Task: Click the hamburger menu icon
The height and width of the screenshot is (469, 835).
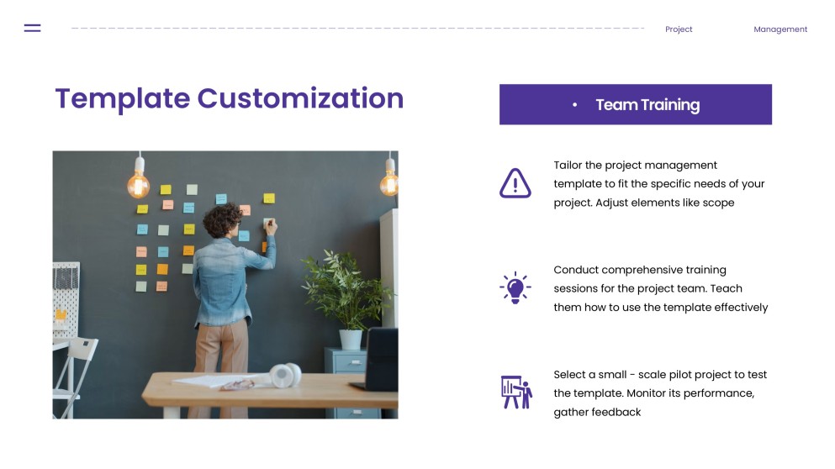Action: [x=33, y=28]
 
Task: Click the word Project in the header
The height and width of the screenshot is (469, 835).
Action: [x=679, y=29]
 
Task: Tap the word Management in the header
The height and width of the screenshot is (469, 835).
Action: [x=780, y=29]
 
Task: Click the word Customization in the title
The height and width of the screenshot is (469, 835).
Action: [x=300, y=98]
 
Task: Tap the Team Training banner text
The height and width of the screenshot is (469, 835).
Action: [x=647, y=105]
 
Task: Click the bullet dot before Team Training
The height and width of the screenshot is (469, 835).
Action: [x=574, y=105]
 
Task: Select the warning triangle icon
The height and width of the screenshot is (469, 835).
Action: [x=515, y=182]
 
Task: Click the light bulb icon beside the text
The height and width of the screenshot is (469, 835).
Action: [x=515, y=287]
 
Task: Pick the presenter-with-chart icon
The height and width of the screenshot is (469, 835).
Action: [x=515, y=392]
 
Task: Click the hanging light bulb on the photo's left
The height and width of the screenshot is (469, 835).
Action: [x=139, y=182]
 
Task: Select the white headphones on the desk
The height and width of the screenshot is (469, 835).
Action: [x=286, y=375]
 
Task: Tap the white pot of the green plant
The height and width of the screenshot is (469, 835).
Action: [x=351, y=339]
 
